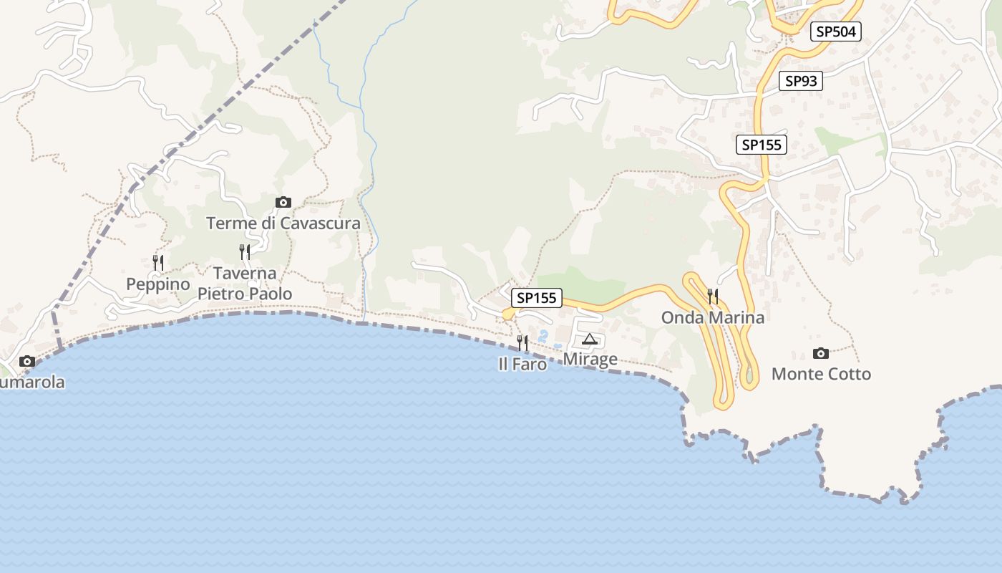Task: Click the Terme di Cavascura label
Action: coord(283,223)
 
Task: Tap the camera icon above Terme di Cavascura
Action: coord(283,203)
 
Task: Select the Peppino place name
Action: coord(158,284)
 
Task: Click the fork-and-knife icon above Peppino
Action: coord(158,263)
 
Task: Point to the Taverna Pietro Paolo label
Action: coord(245,284)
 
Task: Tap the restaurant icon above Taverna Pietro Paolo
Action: coord(245,252)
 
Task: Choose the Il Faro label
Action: coord(522,364)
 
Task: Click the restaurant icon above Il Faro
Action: coord(523,343)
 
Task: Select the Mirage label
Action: coord(590,359)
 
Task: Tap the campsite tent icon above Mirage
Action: coord(590,339)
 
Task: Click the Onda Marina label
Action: coord(713,317)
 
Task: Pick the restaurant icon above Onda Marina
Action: coord(713,297)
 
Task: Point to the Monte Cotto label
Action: coord(821,374)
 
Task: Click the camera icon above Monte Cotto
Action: coord(821,353)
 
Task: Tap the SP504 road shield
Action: coord(836,32)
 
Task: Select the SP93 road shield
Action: coord(801,81)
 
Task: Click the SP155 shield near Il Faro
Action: coord(537,298)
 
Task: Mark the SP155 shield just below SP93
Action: coord(762,145)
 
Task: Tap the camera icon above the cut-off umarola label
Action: coord(27,362)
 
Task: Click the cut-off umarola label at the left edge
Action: coord(32,382)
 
